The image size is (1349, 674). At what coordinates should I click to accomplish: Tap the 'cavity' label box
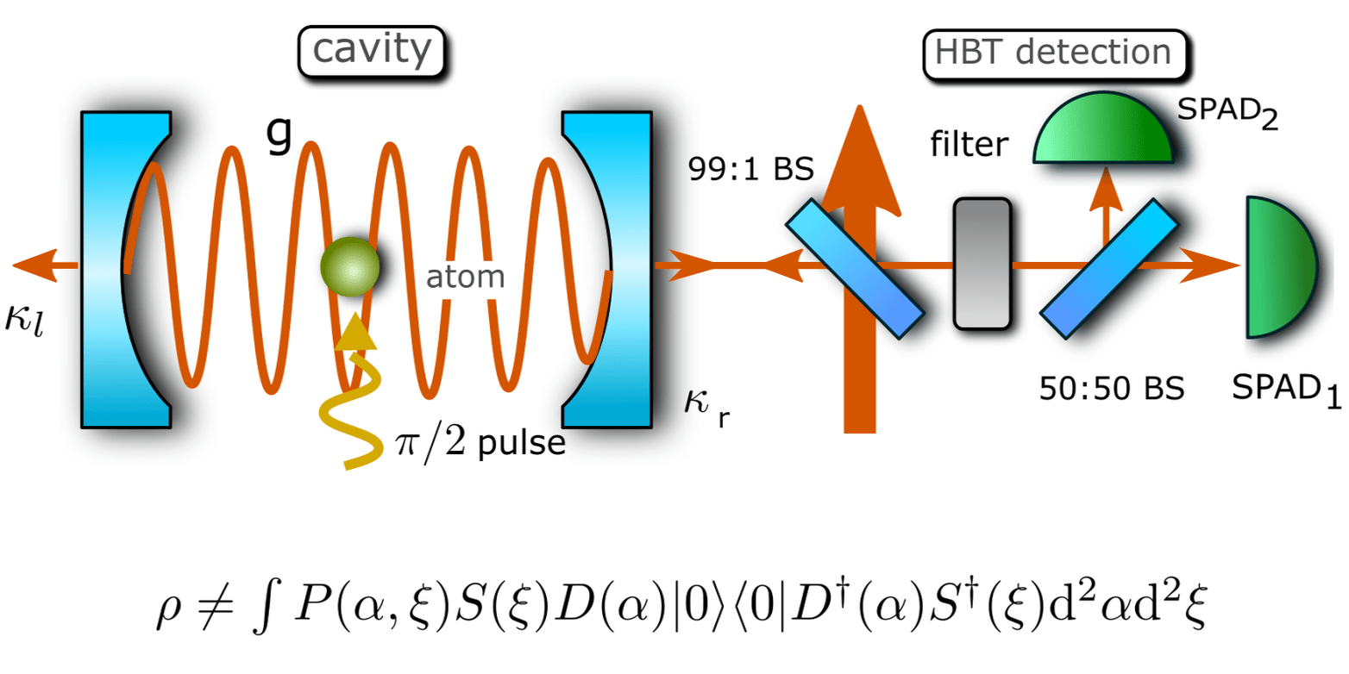click(x=371, y=52)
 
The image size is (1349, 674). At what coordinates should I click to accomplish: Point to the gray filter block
click(x=982, y=263)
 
